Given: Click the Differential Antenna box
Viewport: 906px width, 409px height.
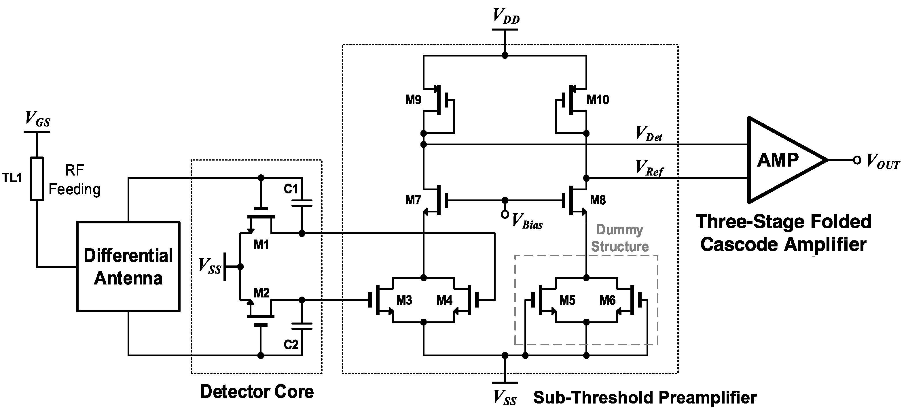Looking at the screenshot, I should coord(128,266).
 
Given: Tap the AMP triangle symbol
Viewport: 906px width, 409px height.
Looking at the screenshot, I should coord(781,160).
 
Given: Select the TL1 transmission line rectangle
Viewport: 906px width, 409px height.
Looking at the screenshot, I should coord(37,179).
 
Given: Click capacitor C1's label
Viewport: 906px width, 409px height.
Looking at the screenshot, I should coord(291,189).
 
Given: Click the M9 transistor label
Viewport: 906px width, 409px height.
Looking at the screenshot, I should coord(413,100).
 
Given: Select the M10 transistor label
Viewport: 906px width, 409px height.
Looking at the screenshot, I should coord(598,100).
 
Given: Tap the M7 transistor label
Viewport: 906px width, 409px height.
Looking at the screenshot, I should coord(413,200).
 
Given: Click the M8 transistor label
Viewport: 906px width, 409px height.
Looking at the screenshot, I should coord(598,200).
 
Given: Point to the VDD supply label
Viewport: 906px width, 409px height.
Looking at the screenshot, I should coord(506,16).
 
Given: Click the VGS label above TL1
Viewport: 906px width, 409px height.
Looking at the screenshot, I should coord(37,119).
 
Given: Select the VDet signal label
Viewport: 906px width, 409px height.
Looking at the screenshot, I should coord(649,134).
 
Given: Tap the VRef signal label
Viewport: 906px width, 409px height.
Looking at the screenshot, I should coord(649,168).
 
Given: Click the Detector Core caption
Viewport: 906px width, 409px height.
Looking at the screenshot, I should coord(257,392).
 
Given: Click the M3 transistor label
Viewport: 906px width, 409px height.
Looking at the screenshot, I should coord(404,300).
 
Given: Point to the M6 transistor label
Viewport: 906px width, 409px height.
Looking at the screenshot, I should coord(607,300).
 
